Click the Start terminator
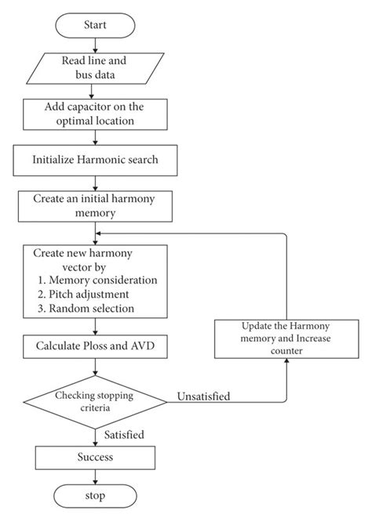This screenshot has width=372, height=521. [95, 26]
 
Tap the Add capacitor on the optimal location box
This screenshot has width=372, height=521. [95, 114]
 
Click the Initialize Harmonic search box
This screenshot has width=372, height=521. [95, 159]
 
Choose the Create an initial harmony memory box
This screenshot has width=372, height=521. [95, 205]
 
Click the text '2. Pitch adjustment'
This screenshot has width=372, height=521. [89, 294]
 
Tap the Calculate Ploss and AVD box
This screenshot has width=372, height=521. [95, 345]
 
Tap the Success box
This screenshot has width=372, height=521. [95, 456]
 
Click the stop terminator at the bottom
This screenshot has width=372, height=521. [95, 496]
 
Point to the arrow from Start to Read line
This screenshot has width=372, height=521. [95, 45]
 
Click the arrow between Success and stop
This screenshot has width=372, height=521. [95, 476]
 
